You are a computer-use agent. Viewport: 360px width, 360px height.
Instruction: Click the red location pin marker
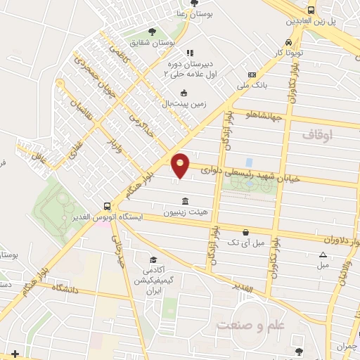tap(181, 165)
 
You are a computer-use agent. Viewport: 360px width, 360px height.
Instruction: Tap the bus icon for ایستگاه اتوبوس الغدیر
tap(107, 207)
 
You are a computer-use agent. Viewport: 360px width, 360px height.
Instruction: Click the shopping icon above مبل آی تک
tap(245, 232)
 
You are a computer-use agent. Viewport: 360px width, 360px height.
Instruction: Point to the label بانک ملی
tap(254, 84)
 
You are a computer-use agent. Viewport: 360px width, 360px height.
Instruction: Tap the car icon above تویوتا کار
tap(289, 41)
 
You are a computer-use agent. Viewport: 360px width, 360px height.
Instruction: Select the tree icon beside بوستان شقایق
tap(152, 31)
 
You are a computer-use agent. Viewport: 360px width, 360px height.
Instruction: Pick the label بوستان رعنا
tap(194, 13)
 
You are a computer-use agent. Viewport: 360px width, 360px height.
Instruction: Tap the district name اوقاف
tap(316, 133)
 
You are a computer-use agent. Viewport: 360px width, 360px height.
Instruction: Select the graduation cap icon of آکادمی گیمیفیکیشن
tap(152, 260)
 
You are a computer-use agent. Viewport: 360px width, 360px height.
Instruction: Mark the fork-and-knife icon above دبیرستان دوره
tap(189, 53)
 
